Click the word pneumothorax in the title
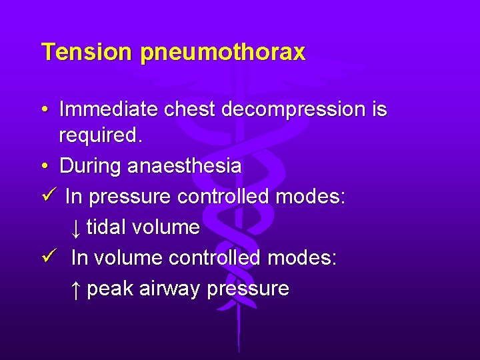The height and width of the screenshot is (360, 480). click(x=223, y=53)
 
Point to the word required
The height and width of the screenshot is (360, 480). click(x=101, y=135)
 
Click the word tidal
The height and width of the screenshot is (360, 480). click(x=107, y=227)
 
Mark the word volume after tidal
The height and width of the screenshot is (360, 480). click(x=166, y=227)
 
